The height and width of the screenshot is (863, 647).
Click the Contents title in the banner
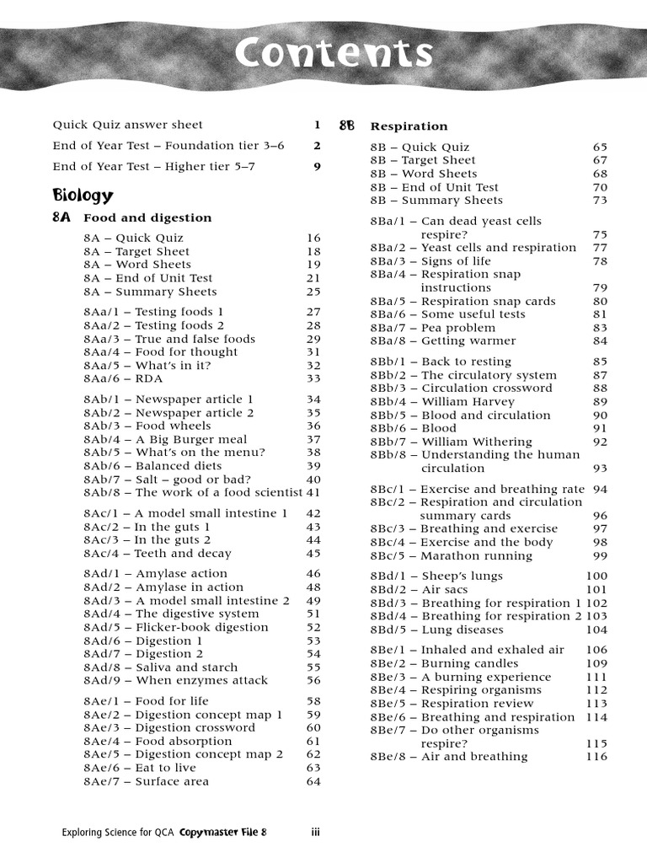point(334,55)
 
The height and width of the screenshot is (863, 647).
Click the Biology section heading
point(83,196)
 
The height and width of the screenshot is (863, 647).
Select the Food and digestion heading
point(147,217)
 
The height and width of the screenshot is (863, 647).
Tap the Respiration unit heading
point(409,126)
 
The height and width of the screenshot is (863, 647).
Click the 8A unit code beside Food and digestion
point(62,217)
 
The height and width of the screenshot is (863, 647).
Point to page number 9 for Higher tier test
point(317,166)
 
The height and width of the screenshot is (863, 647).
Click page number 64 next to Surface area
point(313,781)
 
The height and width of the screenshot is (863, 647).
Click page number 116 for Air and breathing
point(596,757)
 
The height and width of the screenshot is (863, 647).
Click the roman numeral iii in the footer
point(315,833)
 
